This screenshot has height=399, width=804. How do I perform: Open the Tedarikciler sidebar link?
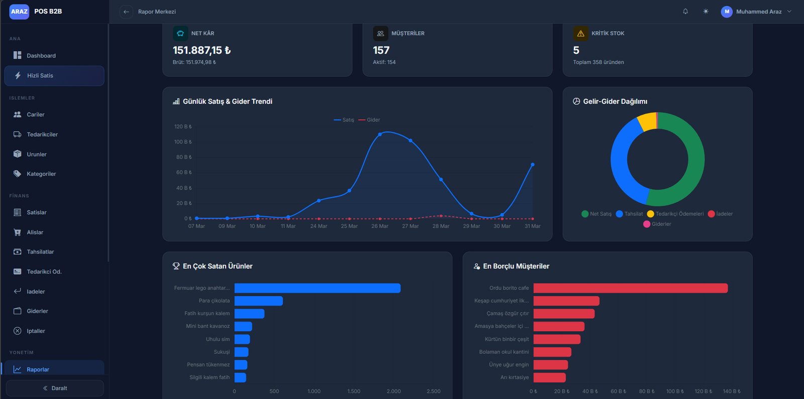pyautogui.click(x=42, y=135)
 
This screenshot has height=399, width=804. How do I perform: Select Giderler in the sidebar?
pyautogui.click(x=37, y=311)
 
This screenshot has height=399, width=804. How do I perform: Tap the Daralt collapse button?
pyautogui.click(x=55, y=388)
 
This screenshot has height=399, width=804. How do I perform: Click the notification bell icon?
pyautogui.click(x=685, y=11)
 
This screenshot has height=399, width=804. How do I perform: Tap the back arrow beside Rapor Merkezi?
pyautogui.click(x=126, y=12)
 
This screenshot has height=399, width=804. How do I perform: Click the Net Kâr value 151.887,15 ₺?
pyautogui.click(x=202, y=50)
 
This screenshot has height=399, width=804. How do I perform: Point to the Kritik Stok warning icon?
pyautogui.click(x=581, y=34)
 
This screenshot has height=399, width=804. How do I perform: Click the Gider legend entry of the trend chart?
pyautogui.click(x=370, y=120)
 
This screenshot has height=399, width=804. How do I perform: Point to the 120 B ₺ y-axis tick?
pyautogui.click(x=183, y=126)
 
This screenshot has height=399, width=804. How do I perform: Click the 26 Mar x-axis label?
pyautogui.click(x=380, y=226)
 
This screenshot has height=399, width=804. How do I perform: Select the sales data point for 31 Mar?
pyautogui.click(x=533, y=165)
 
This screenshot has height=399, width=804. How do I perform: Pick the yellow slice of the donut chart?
pyautogui.click(x=647, y=121)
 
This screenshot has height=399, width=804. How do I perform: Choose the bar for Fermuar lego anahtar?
pyautogui.click(x=317, y=288)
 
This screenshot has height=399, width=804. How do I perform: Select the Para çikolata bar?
pyautogui.click(x=258, y=301)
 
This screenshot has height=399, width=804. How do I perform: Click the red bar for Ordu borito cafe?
pyautogui.click(x=630, y=288)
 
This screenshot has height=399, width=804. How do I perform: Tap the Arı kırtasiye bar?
pyautogui.click(x=549, y=377)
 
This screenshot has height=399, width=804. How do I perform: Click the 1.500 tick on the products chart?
pyautogui.click(x=354, y=391)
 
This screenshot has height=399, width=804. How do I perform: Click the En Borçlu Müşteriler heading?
pyautogui.click(x=516, y=267)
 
